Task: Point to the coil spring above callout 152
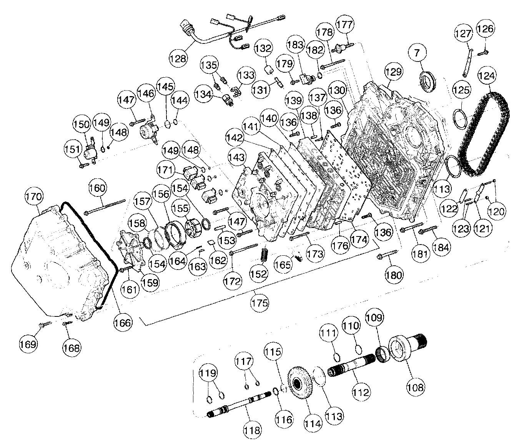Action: click(264, 255)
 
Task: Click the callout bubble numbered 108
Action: click(416, 387)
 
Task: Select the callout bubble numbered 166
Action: click(123, 322)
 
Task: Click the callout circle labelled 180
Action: click(394, 275)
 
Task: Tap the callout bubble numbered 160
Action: click(97, 188)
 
